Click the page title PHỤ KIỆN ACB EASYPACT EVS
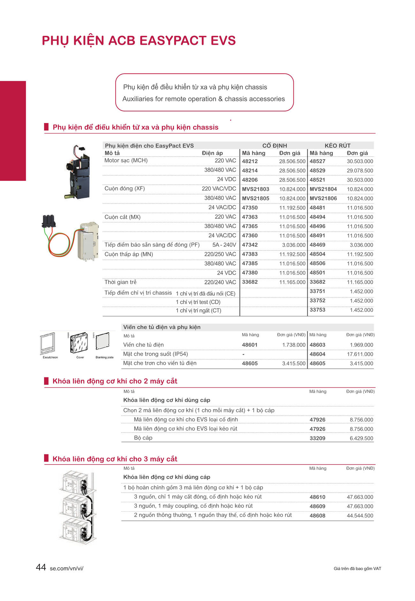point(139,41)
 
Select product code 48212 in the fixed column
point(250,161)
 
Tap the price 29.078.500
point(360,171)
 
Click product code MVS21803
point(255,189)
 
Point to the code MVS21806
point(323,198)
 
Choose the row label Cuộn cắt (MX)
point(123,217)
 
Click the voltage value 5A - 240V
point(224,245)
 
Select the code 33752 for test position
point(317,301)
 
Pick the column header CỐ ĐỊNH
point(275,146)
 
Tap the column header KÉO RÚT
point(337,146)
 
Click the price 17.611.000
point(360,354)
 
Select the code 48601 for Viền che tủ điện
point(250,345)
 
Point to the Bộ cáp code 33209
point(317,438)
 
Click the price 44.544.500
point(360,515)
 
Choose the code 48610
point(317,497)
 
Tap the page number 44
point(41,567)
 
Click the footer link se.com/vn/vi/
point(66,568)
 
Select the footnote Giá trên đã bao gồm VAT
point(357,568)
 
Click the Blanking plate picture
point(103,342)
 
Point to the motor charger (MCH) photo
point(78,173)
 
